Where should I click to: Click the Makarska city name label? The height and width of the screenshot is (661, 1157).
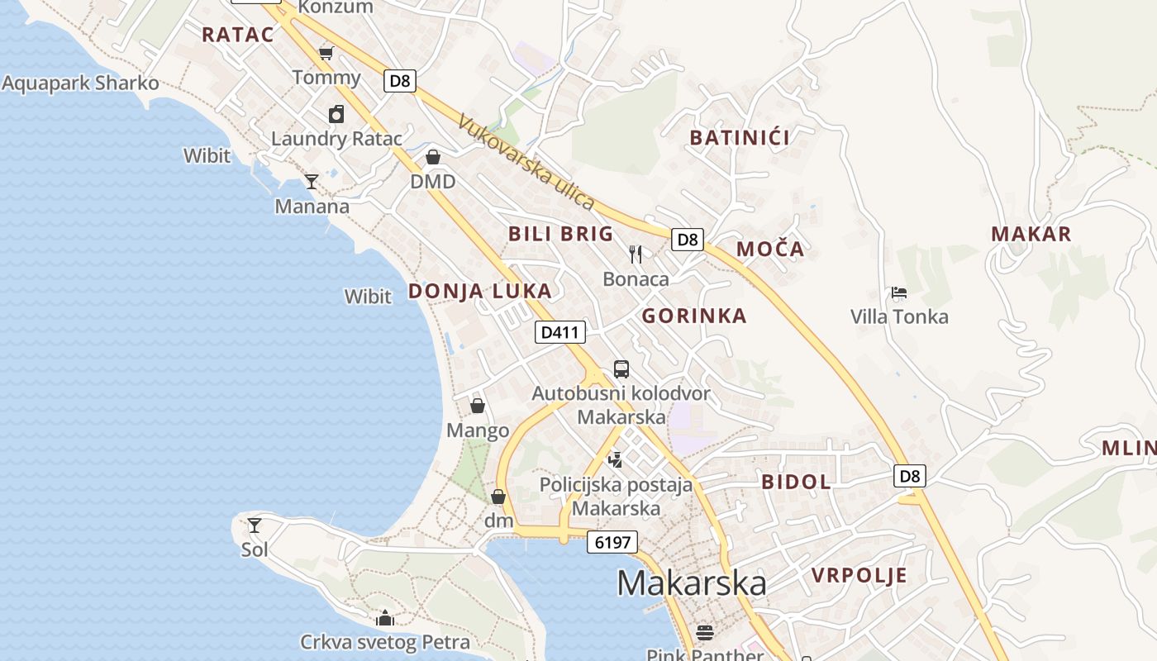tap(692, 583)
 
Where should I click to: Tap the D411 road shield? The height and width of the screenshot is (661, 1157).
tap(560, 332)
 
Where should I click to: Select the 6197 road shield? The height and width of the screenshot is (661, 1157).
tap(612, 542)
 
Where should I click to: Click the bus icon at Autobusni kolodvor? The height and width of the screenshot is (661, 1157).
tap(621, 369)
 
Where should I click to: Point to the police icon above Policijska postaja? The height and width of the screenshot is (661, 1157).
tap(614, 459)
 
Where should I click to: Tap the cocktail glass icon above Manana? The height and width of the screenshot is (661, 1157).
tap(312, 182)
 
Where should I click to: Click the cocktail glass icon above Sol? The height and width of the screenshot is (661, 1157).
tap(255, 525)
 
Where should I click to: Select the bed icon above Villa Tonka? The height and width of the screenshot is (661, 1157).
tap(899, 292)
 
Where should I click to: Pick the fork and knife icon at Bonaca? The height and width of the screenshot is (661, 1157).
tap(636, 254)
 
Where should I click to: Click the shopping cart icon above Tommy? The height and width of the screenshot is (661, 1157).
tap(326, 54)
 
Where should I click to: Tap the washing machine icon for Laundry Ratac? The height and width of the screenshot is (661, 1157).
tap(336, 114)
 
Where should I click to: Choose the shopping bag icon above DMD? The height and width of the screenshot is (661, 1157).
tap(433, 157)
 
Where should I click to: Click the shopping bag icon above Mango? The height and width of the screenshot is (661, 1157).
tap(478, 406)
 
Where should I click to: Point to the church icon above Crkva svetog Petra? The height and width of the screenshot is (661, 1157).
tap(385, 618)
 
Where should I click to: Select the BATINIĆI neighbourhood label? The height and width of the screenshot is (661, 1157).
tap(740, 137)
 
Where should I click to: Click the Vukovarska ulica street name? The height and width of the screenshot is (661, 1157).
tap(526, 162)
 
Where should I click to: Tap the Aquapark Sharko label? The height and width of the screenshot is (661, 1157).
tap(80, 83)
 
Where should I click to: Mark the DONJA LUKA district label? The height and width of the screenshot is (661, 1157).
tap(480, 291)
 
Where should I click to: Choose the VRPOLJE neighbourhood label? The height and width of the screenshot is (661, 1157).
tap(859, 575)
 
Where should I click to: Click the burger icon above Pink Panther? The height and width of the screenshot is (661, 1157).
tap(705, 632)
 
